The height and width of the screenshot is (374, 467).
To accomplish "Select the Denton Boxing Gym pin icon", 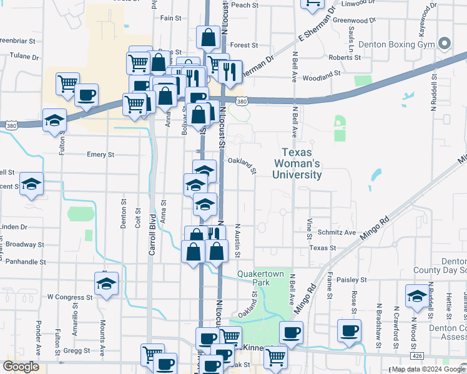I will coord(445,44).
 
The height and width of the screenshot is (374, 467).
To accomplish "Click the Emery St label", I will coord(101,155).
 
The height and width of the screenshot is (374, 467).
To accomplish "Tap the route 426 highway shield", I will coord(416,355).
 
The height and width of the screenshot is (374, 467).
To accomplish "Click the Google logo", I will coord(22,367).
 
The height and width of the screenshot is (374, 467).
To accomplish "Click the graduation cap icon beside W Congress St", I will coord(107,283).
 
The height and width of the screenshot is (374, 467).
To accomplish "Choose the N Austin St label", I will coord(238,240).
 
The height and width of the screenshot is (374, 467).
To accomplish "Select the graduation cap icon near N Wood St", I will coord(416,295).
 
